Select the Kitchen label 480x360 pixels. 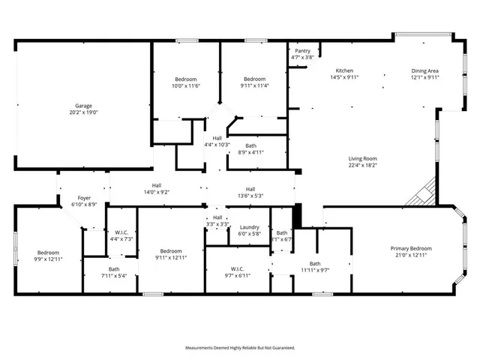pyautogui.click(x=344, y=70)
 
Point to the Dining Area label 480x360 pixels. pyautogui.click(x=424, y=70)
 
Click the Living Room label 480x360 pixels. pyautogui.click(x=362, y=158)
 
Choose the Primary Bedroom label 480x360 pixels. pyautogui.click(x=410, y=248)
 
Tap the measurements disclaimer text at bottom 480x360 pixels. pyautogui.click(x=240, y=348)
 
